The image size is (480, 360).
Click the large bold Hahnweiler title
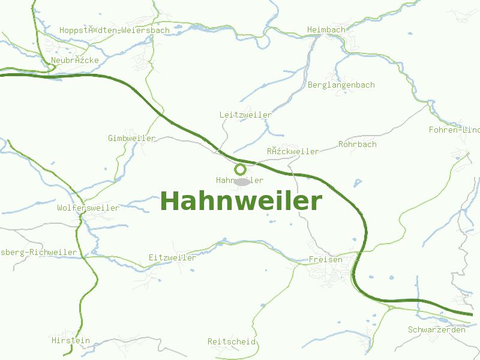click(241, 201)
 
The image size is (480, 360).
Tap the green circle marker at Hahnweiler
click(240, 169)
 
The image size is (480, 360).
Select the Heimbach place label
click(326, 30)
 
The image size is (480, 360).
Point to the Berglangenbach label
click(341, 85)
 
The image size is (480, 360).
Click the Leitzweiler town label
click(245, 115)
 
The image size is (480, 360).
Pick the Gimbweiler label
click(131, 139)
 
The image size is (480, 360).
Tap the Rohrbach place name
click(358, 145)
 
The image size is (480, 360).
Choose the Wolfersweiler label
click(88, 208)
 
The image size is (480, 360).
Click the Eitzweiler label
click(172, 258)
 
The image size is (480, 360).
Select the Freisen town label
click(325, 260)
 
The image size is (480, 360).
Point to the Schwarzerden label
click(437, 330)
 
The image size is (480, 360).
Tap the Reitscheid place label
click(232, 342)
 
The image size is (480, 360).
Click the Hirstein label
click(71, 341)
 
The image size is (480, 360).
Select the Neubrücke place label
click(75, 61)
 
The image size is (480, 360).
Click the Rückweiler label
click(293, 152)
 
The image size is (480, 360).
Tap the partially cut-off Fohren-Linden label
click(454, 130)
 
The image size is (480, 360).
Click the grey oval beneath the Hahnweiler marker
click(241, 182)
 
